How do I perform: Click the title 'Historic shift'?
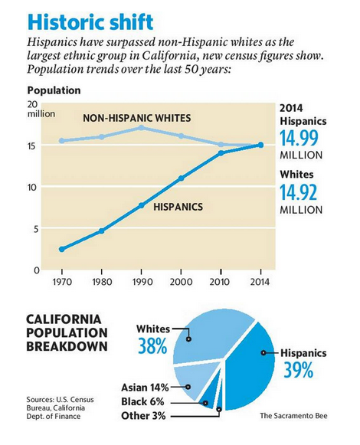[91, 22]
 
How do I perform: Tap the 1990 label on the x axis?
[142, 282]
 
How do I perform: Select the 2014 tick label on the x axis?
[260, 282]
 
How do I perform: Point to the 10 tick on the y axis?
[33, 188]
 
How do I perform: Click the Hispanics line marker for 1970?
[61, 249]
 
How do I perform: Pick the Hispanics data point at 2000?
[181, 178]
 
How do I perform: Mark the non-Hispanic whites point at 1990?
[141, 128]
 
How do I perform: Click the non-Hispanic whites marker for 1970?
[61, 140]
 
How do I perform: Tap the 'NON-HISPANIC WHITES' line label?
[137, 118]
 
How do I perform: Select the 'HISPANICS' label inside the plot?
[178, 207]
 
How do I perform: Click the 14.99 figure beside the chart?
[299, 138]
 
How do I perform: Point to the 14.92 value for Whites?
[299, 192]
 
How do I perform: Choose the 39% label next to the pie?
[299, 370]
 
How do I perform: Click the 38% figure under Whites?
[152, 346]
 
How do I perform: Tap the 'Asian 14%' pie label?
[145, 388]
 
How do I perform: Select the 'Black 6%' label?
[142, 401]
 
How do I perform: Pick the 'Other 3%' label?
[143, 416]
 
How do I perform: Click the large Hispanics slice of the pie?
[250, 369]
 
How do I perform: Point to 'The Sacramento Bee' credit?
[293, 416]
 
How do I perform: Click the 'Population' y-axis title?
[54, 90]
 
